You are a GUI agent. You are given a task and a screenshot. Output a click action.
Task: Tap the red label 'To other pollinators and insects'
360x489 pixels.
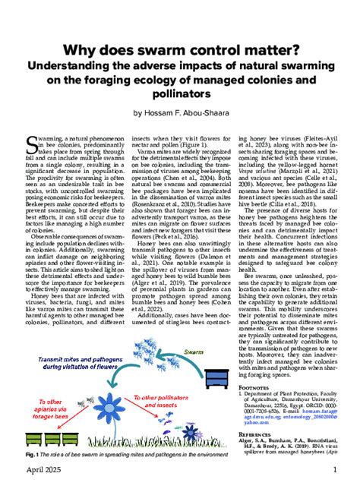tap(166, 402)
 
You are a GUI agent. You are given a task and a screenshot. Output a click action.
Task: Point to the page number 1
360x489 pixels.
tap(334, 472)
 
